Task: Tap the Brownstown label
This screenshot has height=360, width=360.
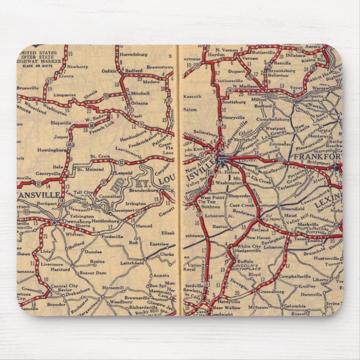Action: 159,67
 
